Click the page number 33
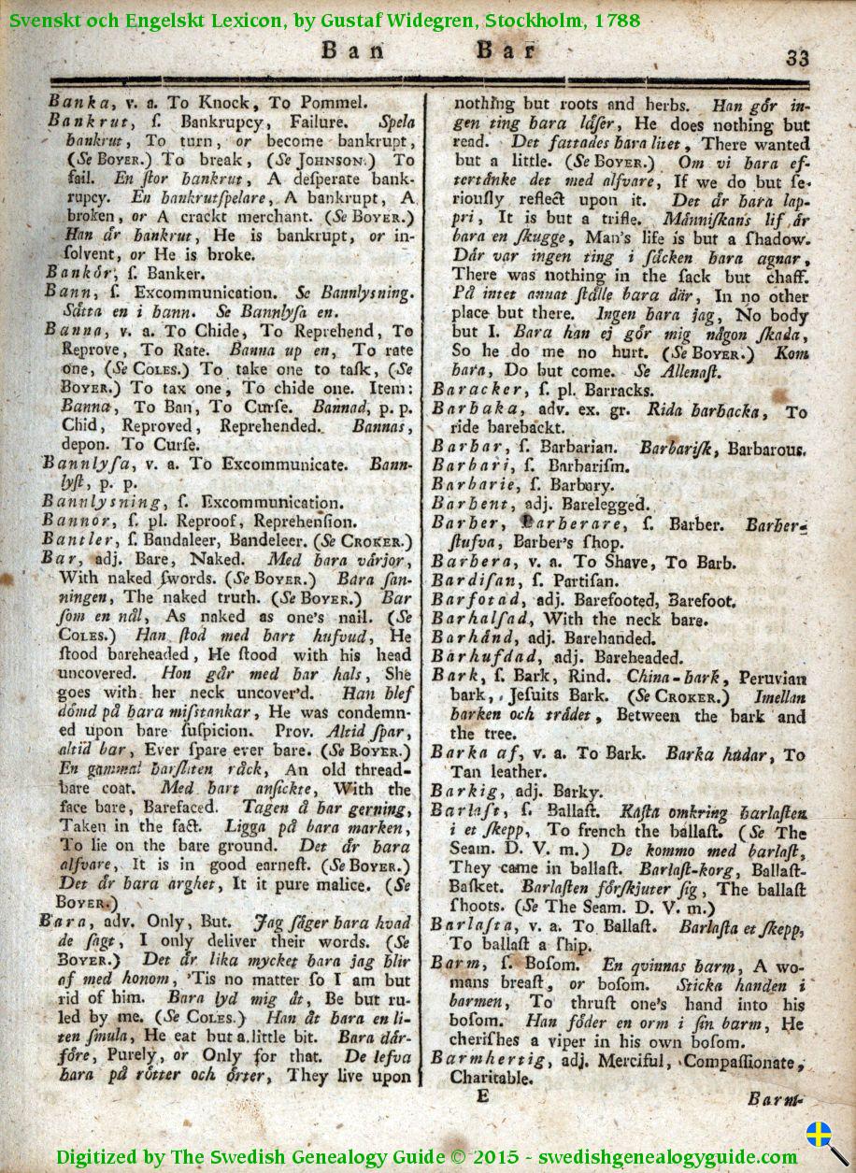[x=796, y=57]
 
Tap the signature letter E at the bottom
[x=482, y=1096]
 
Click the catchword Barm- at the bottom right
[x=775, y=1099]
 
